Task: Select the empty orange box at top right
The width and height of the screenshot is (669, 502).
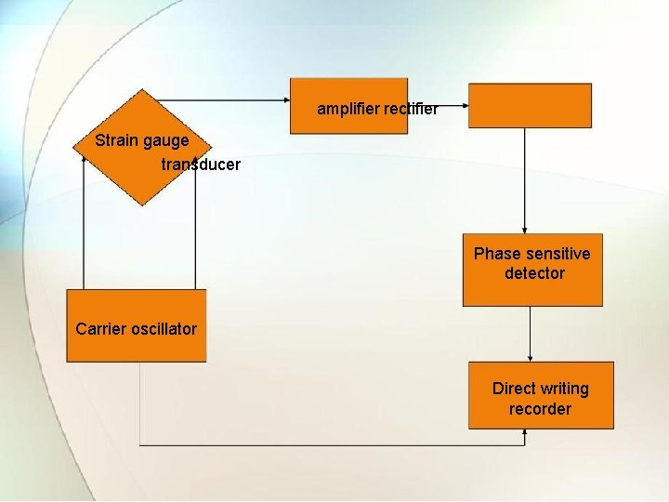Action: [530, 105]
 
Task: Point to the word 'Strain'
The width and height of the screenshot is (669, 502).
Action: [117, 141]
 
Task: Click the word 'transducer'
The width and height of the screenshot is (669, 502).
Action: [201, 165]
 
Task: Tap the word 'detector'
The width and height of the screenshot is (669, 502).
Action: [534, 273]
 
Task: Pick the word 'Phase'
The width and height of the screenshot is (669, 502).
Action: [497, 254]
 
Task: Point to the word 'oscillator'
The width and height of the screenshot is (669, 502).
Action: [164, 329]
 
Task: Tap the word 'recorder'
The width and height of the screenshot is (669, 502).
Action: [540, 409]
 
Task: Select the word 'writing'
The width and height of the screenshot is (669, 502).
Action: [564, 389]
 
